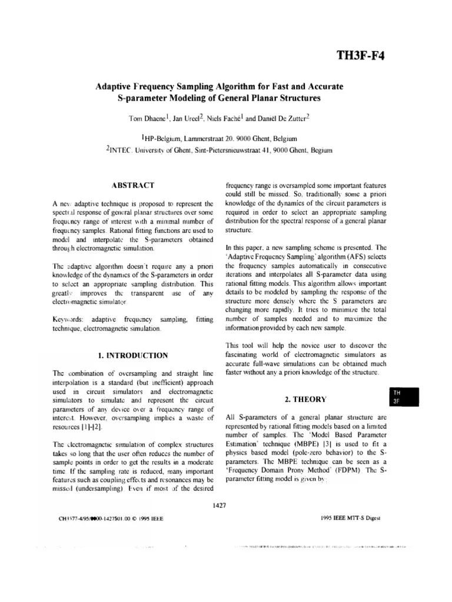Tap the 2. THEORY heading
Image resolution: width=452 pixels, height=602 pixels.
pyautogui.click(x=305, y=399)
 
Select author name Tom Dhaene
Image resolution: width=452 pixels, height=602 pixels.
pyautogui.click(x=147, y=118)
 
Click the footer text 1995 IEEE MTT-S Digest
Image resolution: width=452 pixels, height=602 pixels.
pyautogui.click(x=351, y=518)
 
